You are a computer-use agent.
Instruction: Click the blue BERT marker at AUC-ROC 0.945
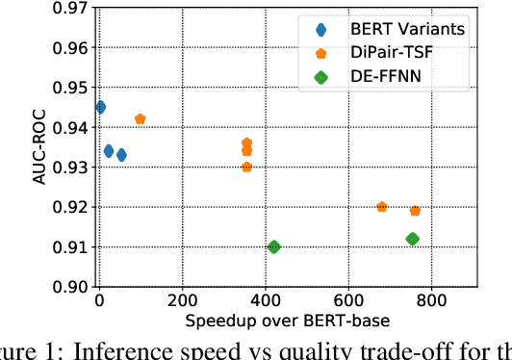(100, 107)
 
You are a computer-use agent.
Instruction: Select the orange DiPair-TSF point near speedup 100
(140, 119)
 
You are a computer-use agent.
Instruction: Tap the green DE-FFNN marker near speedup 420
(273, 246)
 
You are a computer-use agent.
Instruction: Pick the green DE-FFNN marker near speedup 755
(413, 239)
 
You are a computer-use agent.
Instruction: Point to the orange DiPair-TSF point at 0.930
(246, 167)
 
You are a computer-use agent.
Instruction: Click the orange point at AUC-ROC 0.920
(381, 207)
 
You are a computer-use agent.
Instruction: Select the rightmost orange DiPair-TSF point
(415, 211)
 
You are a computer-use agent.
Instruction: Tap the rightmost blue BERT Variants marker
(121, 155)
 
